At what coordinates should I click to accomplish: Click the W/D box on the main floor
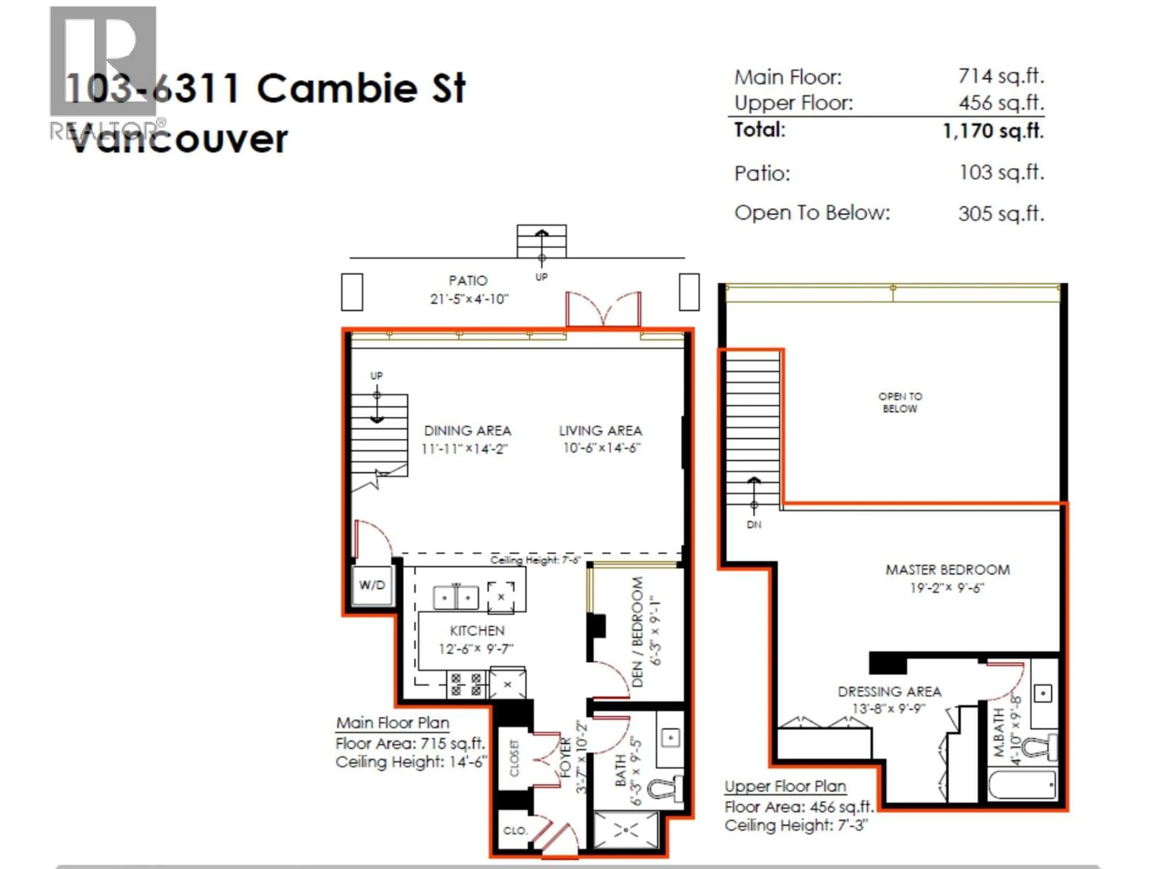[372, 585]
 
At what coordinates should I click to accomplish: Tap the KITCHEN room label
[477, 631]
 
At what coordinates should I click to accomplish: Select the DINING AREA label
[467, 431]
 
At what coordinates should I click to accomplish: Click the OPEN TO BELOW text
[900, 402]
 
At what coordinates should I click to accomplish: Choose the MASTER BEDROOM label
[947, 570]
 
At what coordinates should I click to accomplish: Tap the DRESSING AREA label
[889, 692]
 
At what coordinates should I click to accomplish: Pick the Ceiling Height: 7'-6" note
[535, 560]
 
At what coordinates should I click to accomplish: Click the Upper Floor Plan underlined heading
[785, 786]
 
